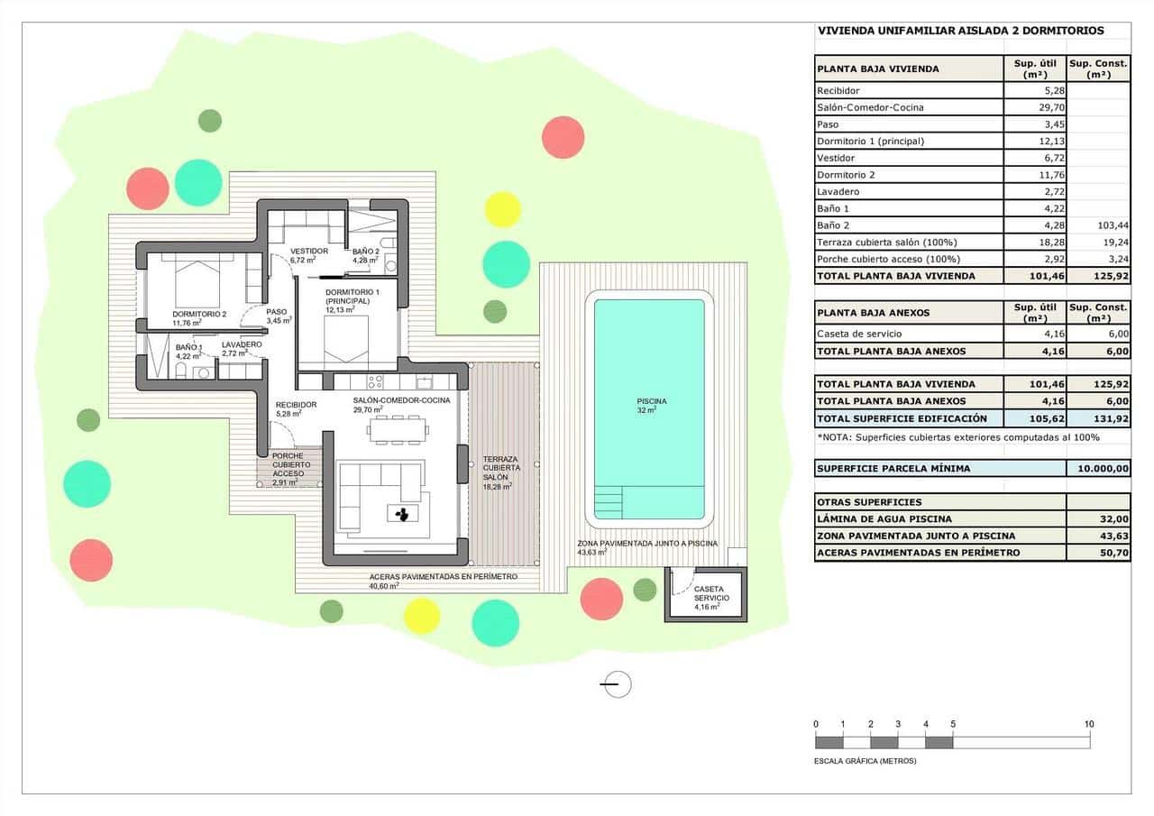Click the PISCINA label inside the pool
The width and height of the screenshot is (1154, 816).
(x=651, y=401)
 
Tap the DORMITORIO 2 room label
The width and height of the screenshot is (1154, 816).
(x=199, y=315)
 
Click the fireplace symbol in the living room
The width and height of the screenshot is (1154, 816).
(x=401, y=514)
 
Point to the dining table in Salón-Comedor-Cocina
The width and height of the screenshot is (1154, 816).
(x=396, y=429)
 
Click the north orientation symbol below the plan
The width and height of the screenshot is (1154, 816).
(x=617, y=684)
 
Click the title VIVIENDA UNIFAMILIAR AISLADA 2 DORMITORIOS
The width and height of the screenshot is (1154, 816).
(x=960, y=31)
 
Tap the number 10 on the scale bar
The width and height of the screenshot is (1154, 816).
(x=1088, y=724)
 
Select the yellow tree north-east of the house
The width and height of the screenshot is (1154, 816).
(x=503, y=209)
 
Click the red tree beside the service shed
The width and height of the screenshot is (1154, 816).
(x=601, y=599)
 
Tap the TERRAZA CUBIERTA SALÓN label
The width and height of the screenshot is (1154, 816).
(x=501, y=469)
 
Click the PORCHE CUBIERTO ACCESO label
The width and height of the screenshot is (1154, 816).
(x=288, y=465)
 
